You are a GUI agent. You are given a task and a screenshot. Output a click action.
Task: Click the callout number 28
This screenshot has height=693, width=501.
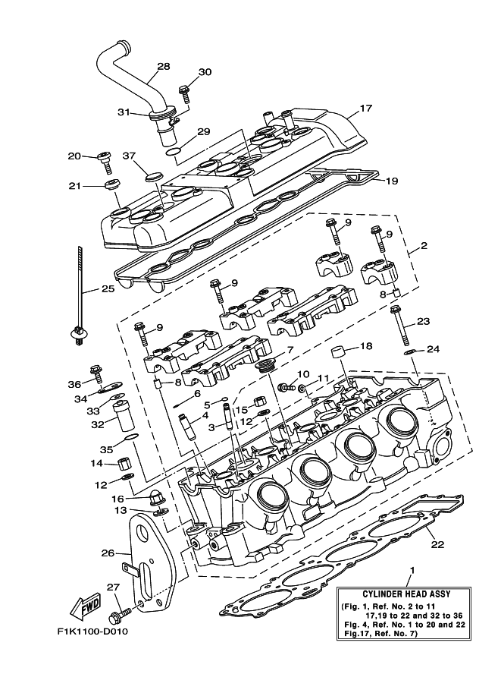[162, 66]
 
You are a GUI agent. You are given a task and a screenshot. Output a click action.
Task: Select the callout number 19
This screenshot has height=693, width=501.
[391, 181]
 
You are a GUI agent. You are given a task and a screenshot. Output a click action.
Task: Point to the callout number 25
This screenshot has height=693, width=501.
[107, 289]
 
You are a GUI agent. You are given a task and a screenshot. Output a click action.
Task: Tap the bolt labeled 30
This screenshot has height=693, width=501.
[183, 94]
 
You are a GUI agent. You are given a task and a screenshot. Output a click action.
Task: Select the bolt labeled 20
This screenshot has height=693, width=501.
[105, 161]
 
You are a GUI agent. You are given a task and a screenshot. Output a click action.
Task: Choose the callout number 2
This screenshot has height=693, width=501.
[424, 246]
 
